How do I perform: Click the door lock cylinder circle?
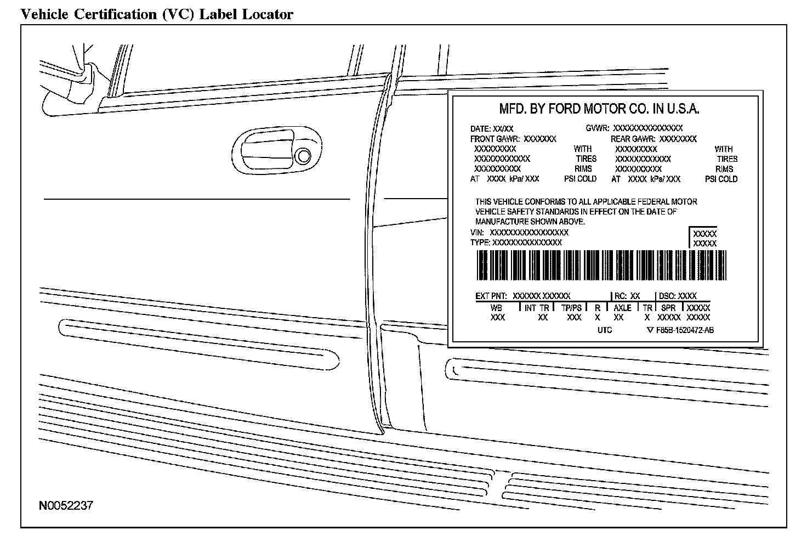point(302,156)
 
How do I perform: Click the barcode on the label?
point(601,266)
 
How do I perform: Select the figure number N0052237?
point(66,505)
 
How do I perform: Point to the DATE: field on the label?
point(481,128)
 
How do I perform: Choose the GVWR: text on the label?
point(598,128)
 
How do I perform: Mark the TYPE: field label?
point(480,243)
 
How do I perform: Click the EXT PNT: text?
point(491,296)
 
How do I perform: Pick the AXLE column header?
point(622,308)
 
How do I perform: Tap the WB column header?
point(496,308)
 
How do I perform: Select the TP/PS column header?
point(571,308)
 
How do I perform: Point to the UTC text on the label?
point(604,330)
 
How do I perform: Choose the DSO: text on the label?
point(667,296)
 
